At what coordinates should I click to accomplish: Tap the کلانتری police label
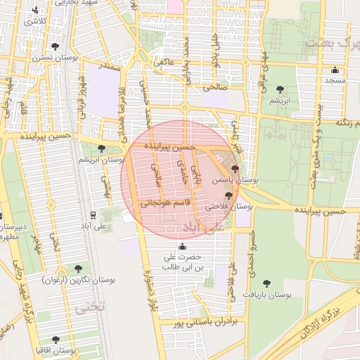[37, 21]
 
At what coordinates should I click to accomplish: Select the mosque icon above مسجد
[335, 70]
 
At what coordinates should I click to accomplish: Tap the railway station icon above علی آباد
[93, 215]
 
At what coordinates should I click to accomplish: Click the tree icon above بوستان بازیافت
[266, 283]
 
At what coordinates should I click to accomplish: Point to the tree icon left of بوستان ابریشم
[102, 148]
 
